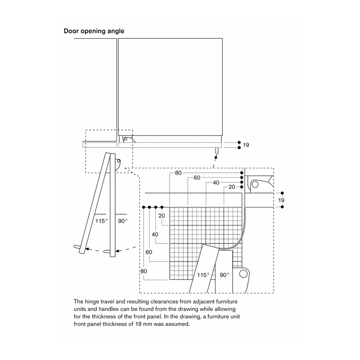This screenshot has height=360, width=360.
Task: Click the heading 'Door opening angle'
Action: [x=94, y=31]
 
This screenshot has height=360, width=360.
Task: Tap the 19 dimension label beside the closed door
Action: [x=246, y=145]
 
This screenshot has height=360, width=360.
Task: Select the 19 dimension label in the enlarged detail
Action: [x=281, y=200]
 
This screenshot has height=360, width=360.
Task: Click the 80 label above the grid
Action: [x=178, y=173]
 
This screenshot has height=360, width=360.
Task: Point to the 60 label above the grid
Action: [x=197, y=178]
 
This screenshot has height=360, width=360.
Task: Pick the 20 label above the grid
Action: [x=232, y=187]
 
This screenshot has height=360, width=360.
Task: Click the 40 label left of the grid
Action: [x=155, y=234]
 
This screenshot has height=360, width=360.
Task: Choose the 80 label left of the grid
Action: [x=144, y=271]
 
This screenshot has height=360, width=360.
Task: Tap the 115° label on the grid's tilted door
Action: [x=203, y=275]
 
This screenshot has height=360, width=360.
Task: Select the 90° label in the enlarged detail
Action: [x=224, y=275]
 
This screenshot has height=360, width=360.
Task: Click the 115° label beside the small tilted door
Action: [x=102, y=221]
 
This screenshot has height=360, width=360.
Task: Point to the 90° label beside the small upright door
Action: [x=122, y=221]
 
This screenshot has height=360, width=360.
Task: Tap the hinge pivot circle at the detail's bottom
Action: [x=243, y=274]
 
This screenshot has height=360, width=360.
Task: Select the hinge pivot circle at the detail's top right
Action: [x=254, y=184]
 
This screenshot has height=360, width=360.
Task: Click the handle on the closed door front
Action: [x=216, y=151]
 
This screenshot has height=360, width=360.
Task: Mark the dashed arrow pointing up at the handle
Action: [x=215, y=161]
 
